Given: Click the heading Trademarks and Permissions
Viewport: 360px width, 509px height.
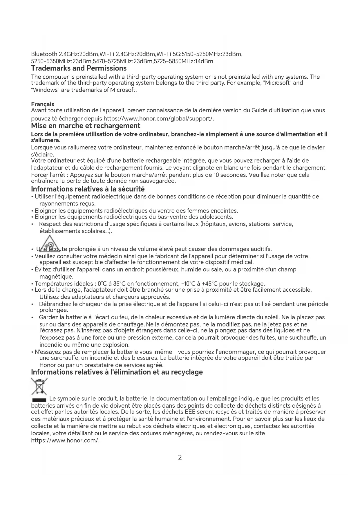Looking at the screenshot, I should pyautogui.click(x=79, y=68).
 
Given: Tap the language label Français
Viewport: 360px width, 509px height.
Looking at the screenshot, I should pyautogui.click(x=42, y=104).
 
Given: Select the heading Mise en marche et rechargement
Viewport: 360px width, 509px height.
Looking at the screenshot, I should pyautogui.click(x=86, y=126).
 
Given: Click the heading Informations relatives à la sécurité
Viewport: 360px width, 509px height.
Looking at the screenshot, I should pyautogui.click(x=88, y=189).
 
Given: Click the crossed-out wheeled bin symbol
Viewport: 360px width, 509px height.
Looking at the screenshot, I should pyautogui.click(x=39, y=387).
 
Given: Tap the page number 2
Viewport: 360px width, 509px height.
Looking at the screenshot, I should pyautogui.click(x=180, y=458).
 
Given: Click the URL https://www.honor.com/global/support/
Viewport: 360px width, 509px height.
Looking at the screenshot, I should pyautogui.click(x=159, y=119).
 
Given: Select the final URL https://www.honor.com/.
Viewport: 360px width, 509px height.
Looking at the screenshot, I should pyautogui.click(x=65, y=441).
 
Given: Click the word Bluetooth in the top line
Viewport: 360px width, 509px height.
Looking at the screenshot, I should pyautogui.click(x=44, y=54).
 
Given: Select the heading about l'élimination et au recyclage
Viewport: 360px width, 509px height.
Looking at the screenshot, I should pyautogui.click(x=117, y=372).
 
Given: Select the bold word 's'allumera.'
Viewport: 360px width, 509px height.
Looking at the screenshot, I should pyautogui.click(x=46, y=140).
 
